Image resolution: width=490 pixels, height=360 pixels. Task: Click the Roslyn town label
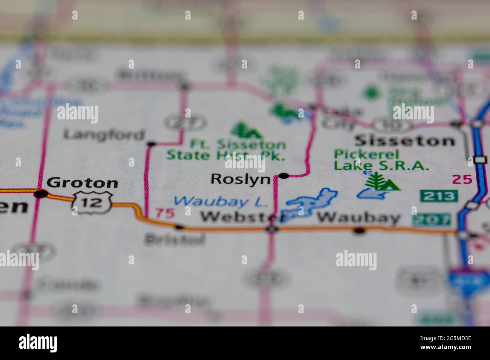coord(240,179)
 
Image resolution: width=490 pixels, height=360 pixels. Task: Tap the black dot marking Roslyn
coord(284,175)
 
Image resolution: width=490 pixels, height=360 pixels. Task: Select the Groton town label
coord(82,183)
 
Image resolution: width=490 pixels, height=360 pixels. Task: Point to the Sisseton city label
coord(404,141)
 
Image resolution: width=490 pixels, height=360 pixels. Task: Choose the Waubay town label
coord(358,218)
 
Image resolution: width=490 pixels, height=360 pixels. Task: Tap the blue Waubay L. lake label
coord(221,201)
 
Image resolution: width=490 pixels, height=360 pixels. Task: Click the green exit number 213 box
coord(439,196)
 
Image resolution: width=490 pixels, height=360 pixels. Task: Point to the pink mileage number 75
coord(165,213)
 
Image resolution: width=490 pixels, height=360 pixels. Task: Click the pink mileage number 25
coord(462,179)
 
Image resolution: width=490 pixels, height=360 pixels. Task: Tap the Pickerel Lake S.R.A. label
coord(381,160)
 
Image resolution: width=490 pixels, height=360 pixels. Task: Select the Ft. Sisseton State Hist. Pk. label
coord(226,150)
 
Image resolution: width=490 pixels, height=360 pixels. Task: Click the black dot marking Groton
coord(41,194)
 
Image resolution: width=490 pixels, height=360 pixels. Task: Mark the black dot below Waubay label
coord(360,230)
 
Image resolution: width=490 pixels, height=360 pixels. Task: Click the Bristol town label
coord(175,239)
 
